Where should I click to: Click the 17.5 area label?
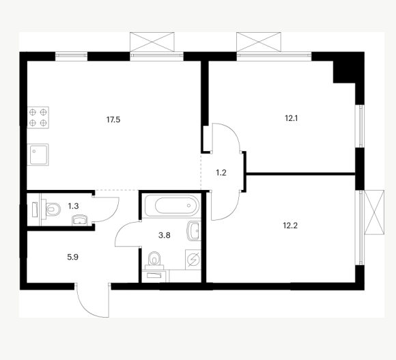click(x=113, y=120)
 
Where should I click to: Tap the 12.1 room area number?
click(x=291, y=118)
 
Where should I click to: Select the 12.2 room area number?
click(x=290, y=225)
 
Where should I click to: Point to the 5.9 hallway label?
click(x=73, y=257)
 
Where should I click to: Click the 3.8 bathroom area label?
click(x=164, y=236)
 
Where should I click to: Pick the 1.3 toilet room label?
click(x=73, y=206)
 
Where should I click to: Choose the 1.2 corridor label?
click(x=221, y=173)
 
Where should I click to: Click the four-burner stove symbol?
click(x=38, y=117)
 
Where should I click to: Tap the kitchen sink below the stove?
click(x=38, y=154)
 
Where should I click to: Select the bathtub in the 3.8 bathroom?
click(x=173, y=206)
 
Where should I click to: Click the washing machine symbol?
click(x=193, y=260)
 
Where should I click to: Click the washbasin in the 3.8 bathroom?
click(x=194, y=230)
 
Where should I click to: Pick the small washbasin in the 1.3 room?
click(x=80, y=220)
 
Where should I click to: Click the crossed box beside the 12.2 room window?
click(x=374, y=212)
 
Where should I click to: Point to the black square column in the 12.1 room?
click(x=345, y=72)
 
